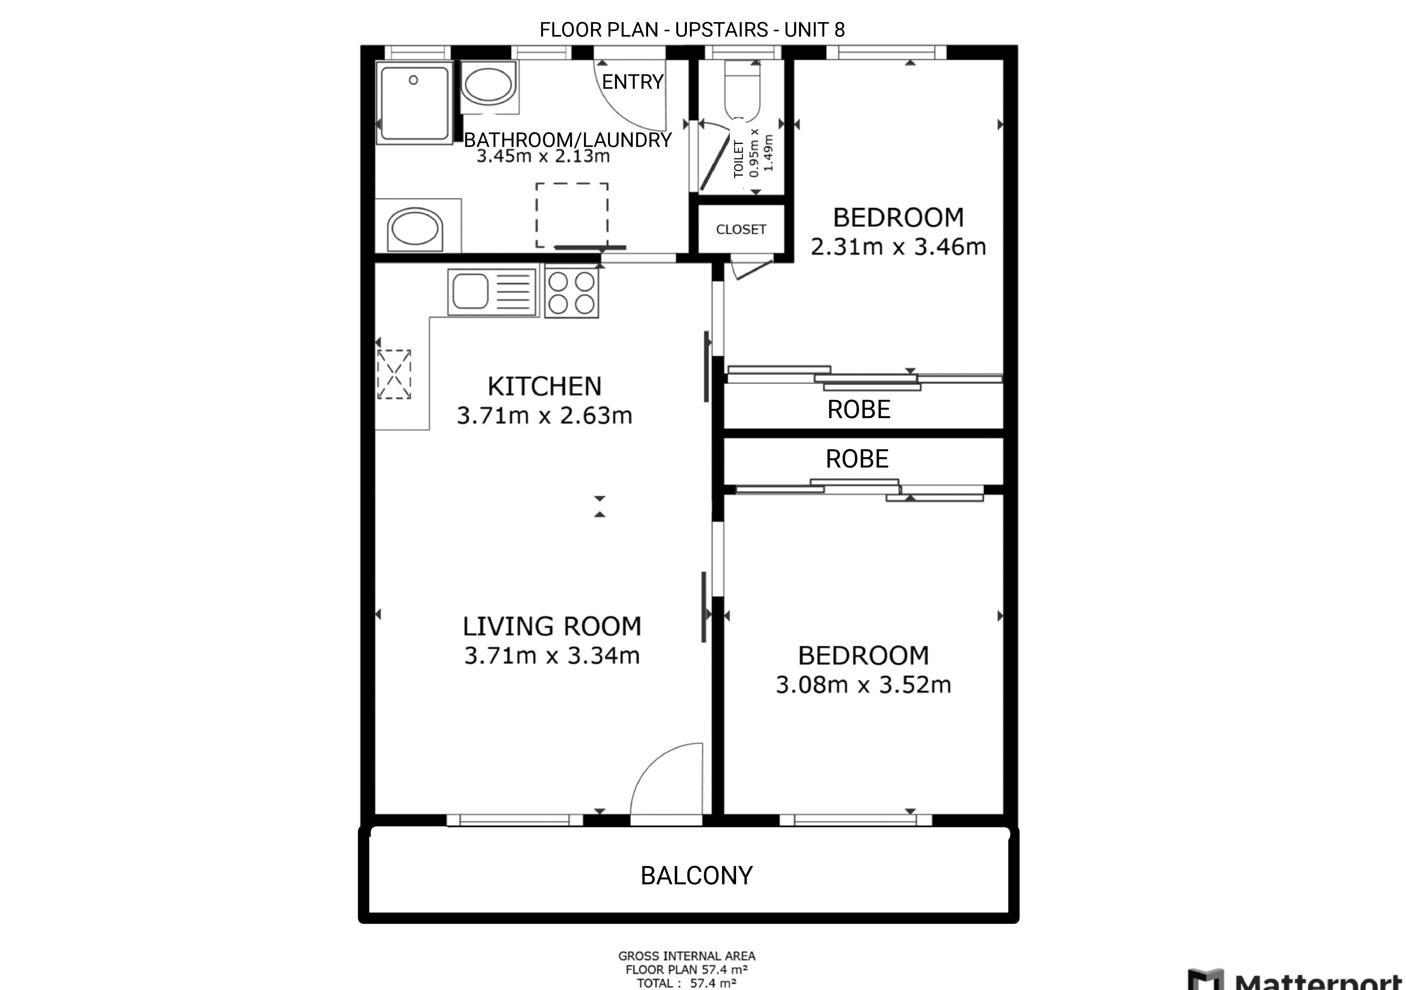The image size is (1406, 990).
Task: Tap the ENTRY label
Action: (633, 81)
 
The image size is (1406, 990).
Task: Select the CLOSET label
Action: (741, 229)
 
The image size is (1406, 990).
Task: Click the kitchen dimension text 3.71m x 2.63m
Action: (544, 416)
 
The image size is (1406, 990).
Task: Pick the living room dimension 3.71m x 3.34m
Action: (552, 656)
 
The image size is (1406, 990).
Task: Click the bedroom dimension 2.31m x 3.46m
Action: (898, 247)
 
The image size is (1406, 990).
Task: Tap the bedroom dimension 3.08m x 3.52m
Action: (863, 684)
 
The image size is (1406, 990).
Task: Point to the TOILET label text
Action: (739, 159)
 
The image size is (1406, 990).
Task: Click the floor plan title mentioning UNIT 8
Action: (692, 29)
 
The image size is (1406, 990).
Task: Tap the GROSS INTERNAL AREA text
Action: (686, 956)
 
